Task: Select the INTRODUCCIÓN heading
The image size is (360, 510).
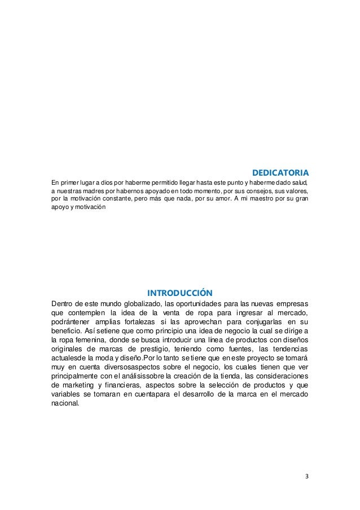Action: pos(179,293)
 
